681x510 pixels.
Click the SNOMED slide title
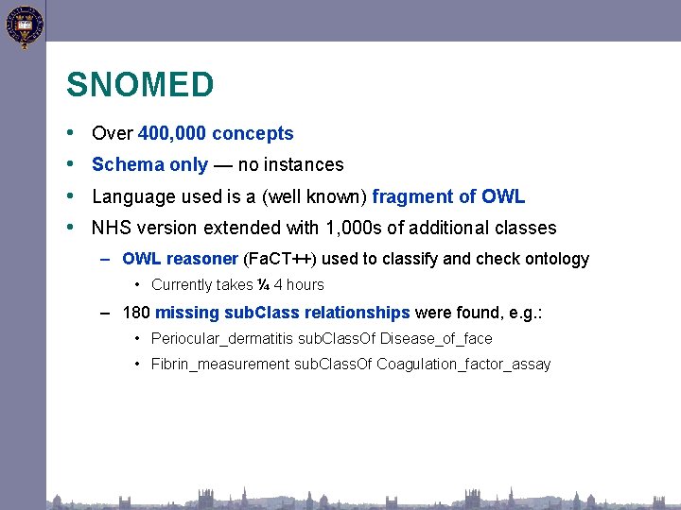pos(140,85)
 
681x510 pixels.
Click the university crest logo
pos(25,26)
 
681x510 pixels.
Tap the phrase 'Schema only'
pos(149,165)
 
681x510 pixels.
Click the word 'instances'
pos(306,165)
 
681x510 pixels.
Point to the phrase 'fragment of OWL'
pos(448,196)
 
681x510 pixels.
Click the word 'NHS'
pos(111,229)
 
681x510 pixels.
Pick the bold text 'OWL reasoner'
pos(180,259)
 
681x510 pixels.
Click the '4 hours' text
pos(299,284)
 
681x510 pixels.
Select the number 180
pos(136,313)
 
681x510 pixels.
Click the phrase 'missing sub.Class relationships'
pos(282,313)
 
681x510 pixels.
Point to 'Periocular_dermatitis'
pos(221,338)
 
